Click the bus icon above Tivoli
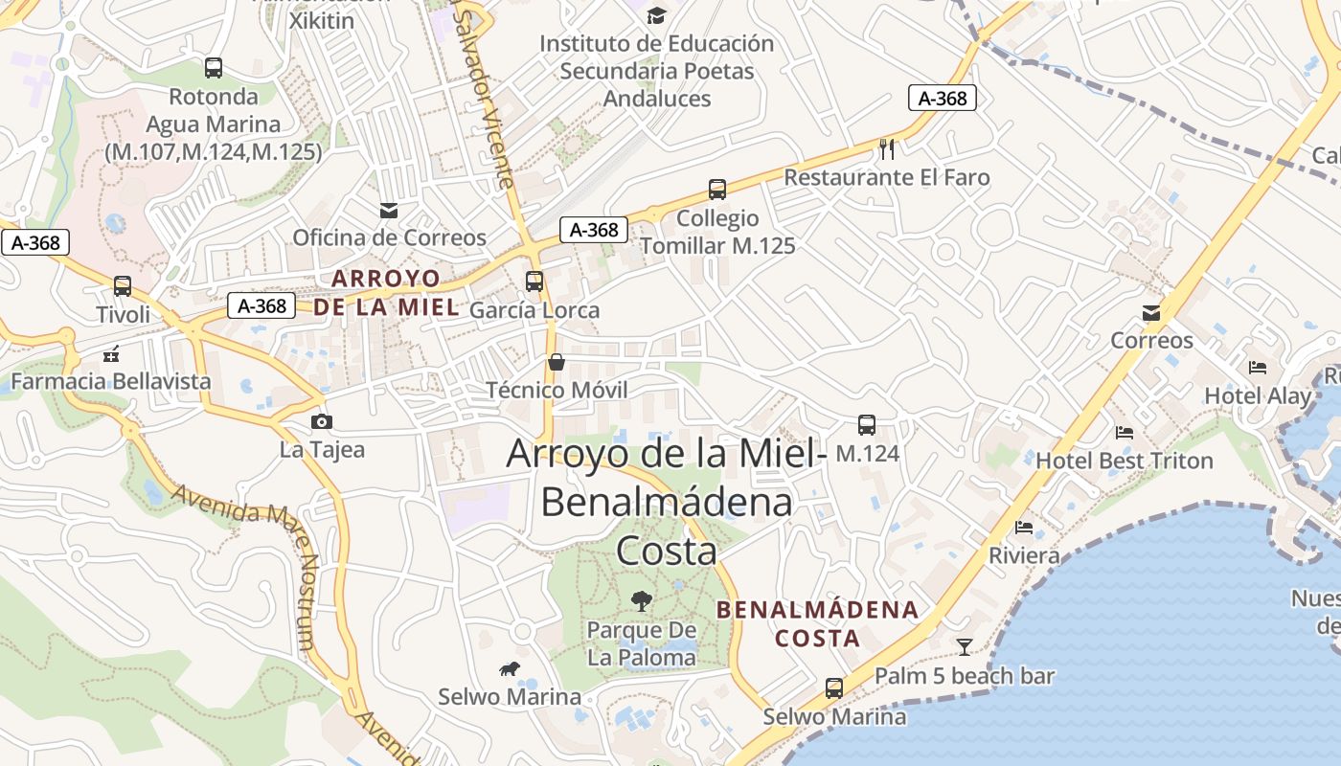[x=123, y=286]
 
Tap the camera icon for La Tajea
[x=322, y=421]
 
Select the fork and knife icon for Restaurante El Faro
[x=887, y=148]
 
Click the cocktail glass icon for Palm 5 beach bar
[x=964, y=647]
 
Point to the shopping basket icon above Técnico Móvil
[x=556, y=362]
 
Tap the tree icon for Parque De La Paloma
[x=642, y=601]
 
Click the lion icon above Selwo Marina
[x=510, y=668]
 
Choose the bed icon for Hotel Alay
[x=1258, y=367]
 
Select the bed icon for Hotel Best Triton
[x=1125, y=433]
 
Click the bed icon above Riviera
[x=1024, y=528]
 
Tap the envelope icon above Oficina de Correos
[x=389, y=210]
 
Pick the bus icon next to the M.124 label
[x=866, y=425]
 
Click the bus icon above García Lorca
[x=534, y=282]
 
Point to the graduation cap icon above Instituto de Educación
[x=656, y=15]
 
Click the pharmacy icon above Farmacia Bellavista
[x=111, y=353]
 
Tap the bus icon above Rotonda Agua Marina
[x=214, y=68]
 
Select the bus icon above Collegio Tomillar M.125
[x=717, y=190]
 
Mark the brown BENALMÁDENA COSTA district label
[x=817, y=623]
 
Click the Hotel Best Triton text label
[x=1125, y=461]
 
